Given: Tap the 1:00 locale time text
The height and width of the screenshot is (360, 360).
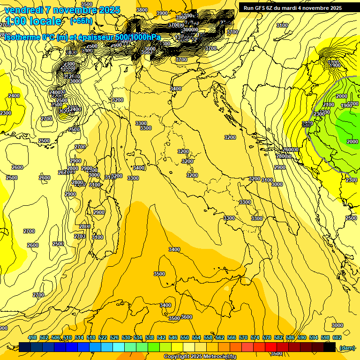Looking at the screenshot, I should [33, 21].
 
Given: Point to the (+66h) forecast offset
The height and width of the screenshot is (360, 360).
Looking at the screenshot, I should [81, 21].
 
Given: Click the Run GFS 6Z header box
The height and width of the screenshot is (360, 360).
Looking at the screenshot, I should [292, 7].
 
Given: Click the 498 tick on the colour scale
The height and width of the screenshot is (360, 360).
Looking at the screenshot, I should [32, 337].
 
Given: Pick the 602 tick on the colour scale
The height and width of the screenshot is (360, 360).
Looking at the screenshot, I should [337, 337].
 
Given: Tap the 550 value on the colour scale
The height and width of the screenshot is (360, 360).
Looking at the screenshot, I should [185, 337].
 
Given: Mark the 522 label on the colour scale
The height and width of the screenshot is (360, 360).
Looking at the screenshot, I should [103, 337].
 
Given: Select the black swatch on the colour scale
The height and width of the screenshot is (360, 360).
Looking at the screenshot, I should [330, 347].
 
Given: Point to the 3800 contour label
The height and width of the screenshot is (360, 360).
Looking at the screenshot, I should [142, 10].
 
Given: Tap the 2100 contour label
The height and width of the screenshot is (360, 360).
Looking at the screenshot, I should [329, 105].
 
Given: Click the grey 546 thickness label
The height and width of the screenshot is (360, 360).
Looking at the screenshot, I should [307, 125].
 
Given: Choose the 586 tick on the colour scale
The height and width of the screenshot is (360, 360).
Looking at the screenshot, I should [290, 337].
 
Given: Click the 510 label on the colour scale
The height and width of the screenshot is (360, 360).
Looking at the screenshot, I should [67, 337].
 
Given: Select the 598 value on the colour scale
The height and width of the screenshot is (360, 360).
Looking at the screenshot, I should [325, 337].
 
